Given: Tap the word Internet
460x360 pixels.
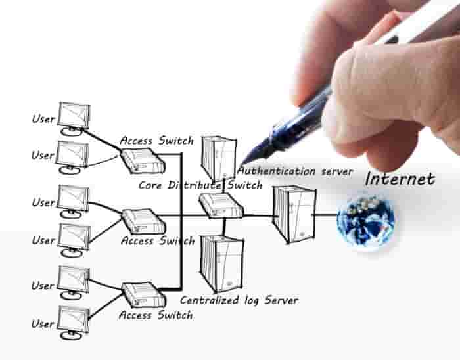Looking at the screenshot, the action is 400,179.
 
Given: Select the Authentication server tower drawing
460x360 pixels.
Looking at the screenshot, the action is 219,158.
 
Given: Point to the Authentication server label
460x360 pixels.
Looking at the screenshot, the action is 295,171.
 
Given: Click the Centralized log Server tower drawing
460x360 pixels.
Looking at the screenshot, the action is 222,264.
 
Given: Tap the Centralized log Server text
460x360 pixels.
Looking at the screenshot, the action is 239,300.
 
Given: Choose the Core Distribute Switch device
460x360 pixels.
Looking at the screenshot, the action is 221,206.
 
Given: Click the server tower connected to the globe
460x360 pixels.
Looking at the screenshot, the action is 294,215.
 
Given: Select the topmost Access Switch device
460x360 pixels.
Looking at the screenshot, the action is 143,161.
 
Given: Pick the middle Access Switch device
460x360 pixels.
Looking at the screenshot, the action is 144,221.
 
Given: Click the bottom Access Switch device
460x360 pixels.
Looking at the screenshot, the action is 144,294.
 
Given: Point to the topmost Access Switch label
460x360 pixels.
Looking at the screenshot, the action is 156,141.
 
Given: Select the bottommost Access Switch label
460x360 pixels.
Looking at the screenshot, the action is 156,315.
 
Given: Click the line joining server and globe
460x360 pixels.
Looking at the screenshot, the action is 325,215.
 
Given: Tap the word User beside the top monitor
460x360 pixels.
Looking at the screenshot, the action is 43,119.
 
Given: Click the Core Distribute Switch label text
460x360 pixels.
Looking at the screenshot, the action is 200,185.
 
